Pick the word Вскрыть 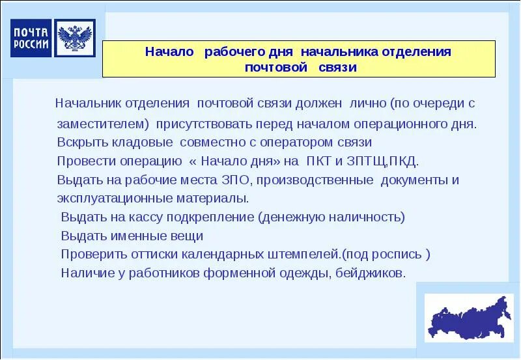click(x=78, y=142)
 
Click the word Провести click(x=84, y=161)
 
